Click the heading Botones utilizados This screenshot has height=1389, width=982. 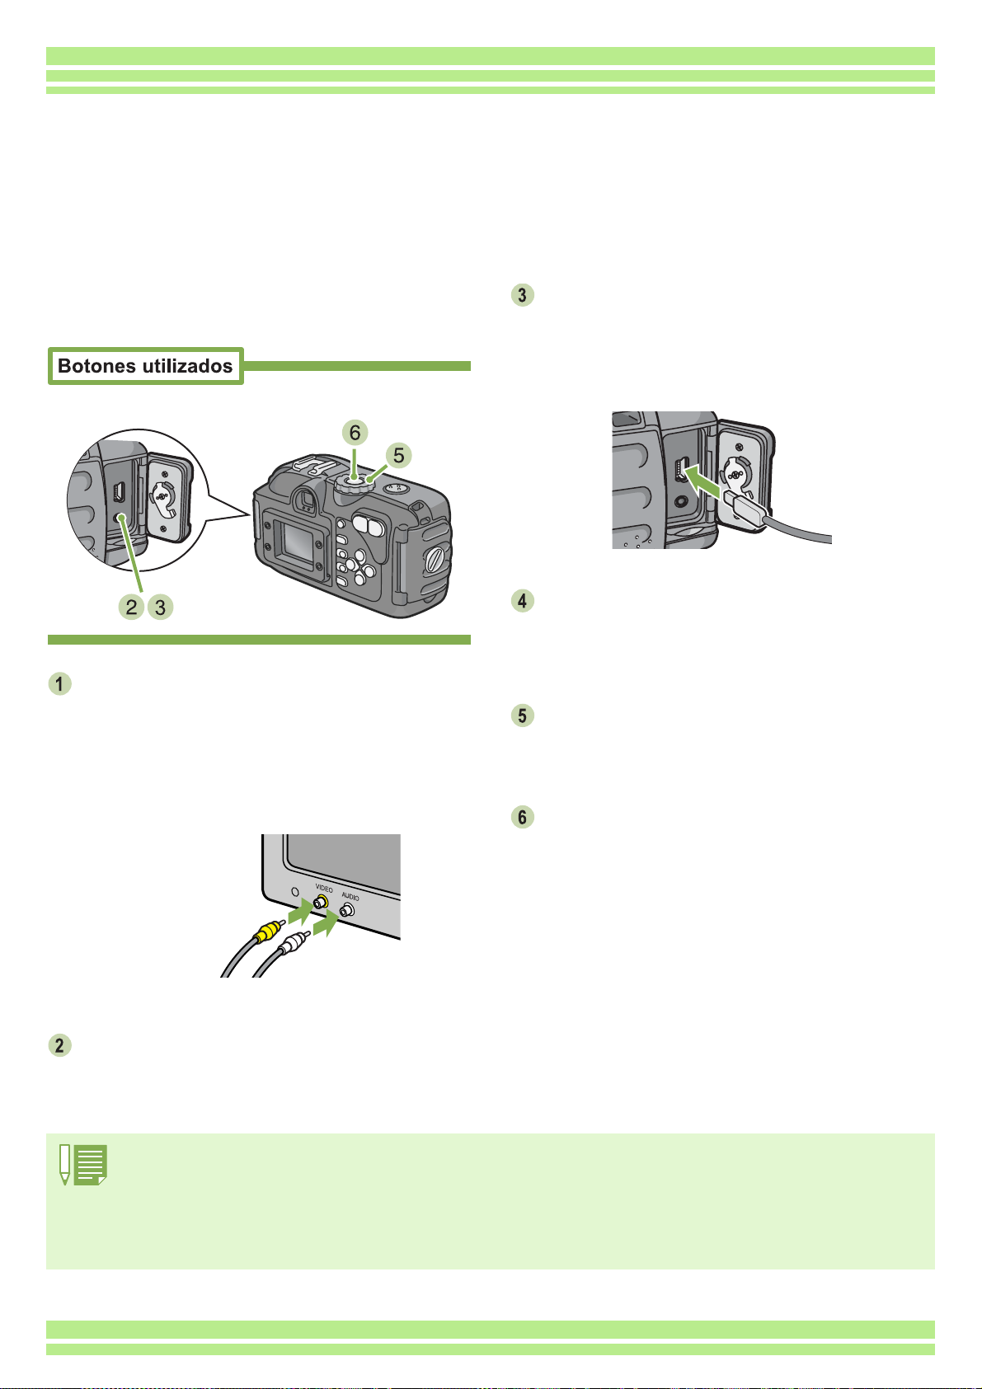point(145,366)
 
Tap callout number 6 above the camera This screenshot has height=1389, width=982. point(355,432)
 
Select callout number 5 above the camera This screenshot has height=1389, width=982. point(398,454)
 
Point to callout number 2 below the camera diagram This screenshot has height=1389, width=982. point(130,608)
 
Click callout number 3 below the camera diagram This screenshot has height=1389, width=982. point(161,608)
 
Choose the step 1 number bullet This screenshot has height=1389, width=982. point(59,684)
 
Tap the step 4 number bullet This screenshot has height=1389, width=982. point(523,600)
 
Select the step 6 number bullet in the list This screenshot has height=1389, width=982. point(523,817)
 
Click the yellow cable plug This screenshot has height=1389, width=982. point(265,933)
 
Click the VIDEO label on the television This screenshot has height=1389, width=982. point(324,889)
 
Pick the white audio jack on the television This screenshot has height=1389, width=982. point(348,910)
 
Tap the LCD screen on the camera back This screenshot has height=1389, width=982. point(296,539)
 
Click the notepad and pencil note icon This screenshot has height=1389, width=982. point(83,1166)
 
